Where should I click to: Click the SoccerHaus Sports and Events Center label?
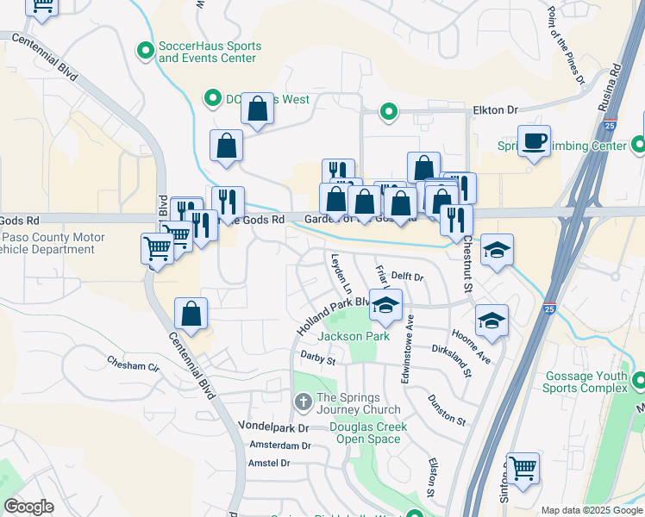[x=207, y=52]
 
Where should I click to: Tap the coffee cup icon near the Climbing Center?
[x=534, y=140]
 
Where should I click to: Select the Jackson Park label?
[x=354, y=336]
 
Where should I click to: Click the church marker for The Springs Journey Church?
[x=303, y=402]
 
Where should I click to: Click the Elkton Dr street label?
[x=495, y=110]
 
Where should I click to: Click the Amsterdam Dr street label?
[x=279, y=445]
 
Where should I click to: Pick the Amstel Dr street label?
[x=269, y=463]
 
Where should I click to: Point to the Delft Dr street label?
[x=408, y=277]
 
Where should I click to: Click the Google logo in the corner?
[x=28, y=507]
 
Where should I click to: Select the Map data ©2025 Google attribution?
[x=592, y=510]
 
